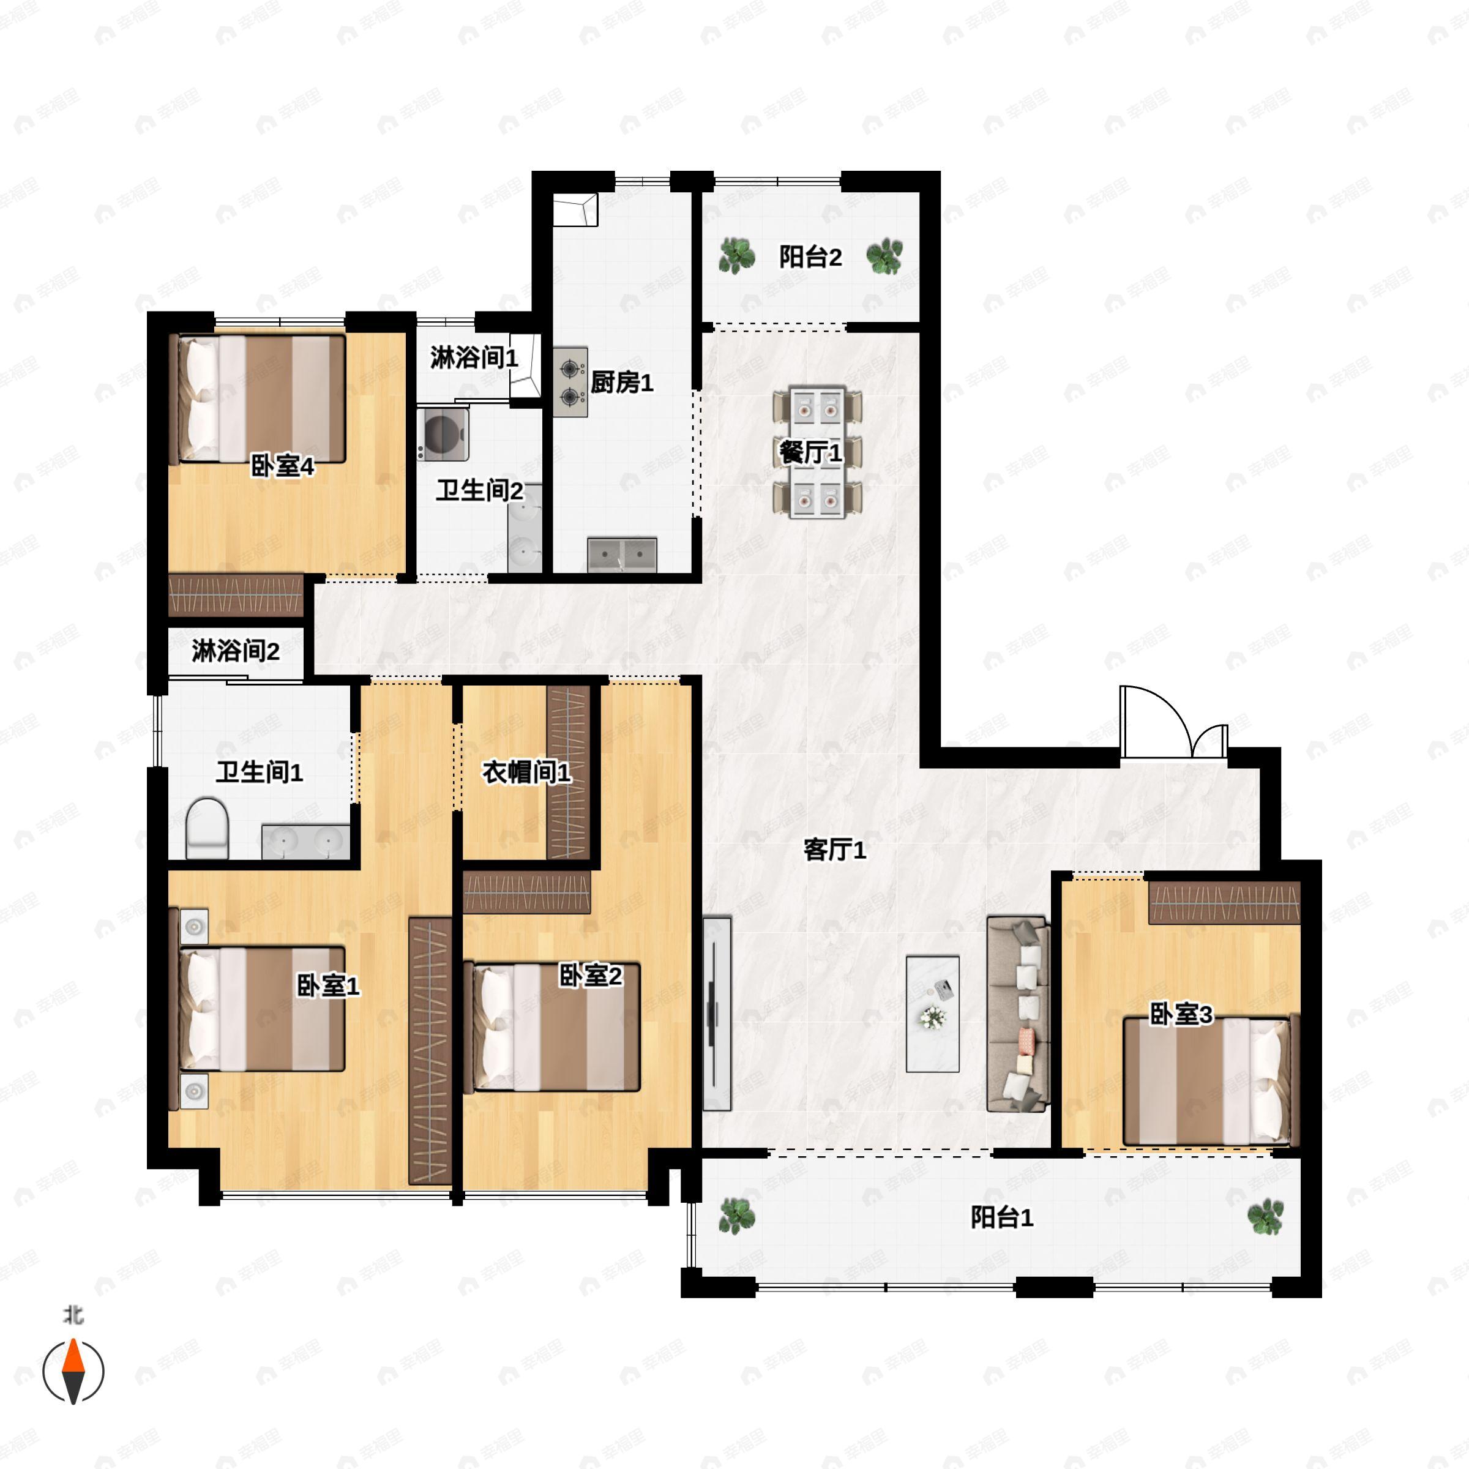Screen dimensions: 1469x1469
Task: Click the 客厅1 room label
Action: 835,850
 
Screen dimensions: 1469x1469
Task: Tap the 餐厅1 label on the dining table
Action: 810,453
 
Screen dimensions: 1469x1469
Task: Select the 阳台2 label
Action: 810,257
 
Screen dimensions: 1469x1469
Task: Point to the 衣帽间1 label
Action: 526,772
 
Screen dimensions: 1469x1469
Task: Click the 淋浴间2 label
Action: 236,651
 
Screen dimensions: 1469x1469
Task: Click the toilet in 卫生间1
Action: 207,828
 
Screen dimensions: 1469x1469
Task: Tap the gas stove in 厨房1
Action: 570,382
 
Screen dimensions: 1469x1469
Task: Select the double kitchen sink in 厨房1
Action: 622,555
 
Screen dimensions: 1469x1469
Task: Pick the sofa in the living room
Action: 1018,1014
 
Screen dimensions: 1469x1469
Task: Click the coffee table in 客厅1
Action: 932,1014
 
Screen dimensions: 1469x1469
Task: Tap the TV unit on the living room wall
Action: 716,1014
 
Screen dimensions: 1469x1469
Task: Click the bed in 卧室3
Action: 1208,1081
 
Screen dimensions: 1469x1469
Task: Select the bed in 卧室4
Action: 261,399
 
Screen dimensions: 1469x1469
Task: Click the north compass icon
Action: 73,1372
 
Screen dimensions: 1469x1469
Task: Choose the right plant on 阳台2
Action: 885,257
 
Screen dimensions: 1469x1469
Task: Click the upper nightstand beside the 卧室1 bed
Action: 195,926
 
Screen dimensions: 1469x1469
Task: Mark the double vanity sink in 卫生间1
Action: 305,842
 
